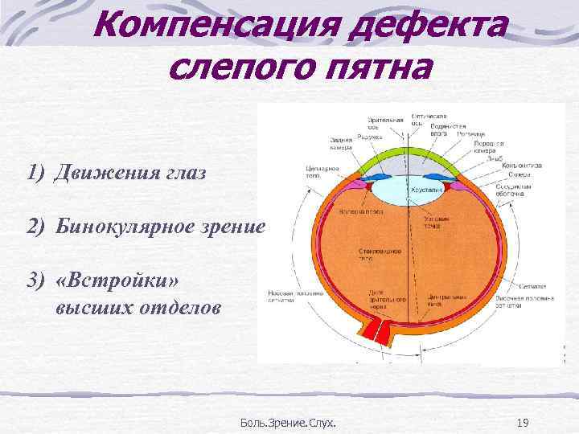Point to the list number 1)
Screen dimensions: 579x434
[x=35, y=173]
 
